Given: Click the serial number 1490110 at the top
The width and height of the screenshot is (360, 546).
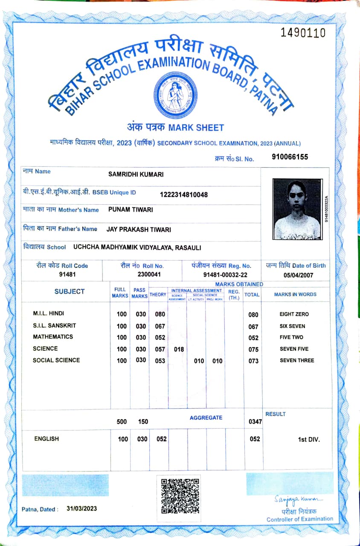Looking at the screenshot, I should tap(303, 33).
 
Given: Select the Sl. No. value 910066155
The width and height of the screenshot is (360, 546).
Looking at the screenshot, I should tap(290, 157).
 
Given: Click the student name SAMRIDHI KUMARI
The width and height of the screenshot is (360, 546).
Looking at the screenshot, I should tap(136, 174).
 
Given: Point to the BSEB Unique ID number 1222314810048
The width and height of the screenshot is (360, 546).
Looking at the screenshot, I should tap(184, 195).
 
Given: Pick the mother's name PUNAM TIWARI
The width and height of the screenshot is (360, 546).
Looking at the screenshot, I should tap(131, 209).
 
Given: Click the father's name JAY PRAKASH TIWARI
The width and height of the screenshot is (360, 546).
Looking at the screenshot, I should tap(139, 229).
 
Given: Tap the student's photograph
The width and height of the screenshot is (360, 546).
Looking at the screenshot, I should tap(297, 209).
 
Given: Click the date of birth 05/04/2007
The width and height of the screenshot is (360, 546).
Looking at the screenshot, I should tap(298, 275).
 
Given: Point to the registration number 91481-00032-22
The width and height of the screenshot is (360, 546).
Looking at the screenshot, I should tap(225, 275).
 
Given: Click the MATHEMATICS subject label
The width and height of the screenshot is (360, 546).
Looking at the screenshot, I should tap(53, 337).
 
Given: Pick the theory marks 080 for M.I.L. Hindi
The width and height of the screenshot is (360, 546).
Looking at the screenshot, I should tap(160, 314).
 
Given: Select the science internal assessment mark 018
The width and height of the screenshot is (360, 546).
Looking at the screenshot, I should tap(179, 349).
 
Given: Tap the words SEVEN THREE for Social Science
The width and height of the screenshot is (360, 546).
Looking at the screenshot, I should tap(296, 360).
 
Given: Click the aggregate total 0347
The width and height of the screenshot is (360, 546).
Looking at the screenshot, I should tap(255, 422).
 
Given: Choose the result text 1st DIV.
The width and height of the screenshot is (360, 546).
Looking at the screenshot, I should tap(309, 439).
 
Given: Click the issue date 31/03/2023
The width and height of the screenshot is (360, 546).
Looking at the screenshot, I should tap(82, 508).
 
